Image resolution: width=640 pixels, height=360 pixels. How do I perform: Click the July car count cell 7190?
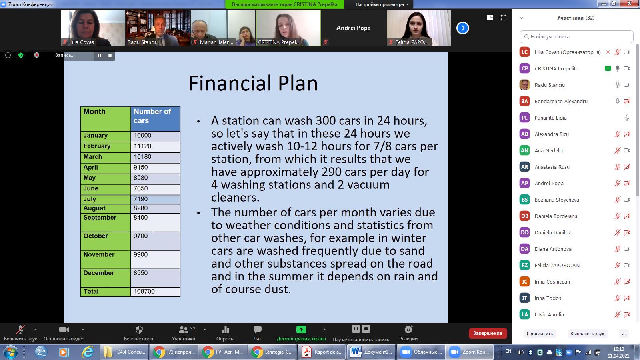point(140,199)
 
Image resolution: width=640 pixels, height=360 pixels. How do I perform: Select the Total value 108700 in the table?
point(144,291)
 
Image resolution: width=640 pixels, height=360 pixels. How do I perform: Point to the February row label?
point(96,146)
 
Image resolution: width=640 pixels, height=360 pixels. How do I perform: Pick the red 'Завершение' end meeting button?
point(488,333)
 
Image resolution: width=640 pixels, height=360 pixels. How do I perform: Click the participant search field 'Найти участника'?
point(576,36)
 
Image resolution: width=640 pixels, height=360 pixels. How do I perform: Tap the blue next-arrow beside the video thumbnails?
point(462,28)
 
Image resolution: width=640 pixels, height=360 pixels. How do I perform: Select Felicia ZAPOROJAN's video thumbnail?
point(418,28)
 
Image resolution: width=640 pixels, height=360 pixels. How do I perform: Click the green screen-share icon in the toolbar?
point(301,330)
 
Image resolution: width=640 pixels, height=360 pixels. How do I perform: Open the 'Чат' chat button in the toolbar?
point(257,333)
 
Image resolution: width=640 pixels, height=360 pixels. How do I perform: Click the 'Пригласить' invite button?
point(540,334)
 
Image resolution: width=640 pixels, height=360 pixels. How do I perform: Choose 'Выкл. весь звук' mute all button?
point(587,334)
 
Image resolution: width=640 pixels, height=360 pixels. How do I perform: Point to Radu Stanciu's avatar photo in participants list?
point(524,85)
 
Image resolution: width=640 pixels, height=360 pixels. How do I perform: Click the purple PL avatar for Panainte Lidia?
point(524,118)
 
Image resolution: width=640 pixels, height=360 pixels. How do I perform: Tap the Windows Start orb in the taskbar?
point(10,352)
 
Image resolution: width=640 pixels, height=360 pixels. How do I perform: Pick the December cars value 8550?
point(140,273)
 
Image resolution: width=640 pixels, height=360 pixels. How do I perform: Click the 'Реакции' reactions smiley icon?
point(408,330)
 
